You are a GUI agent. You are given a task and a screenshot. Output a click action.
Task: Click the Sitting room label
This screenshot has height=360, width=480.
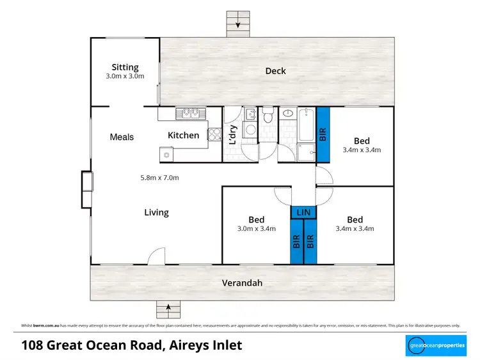click(x=125, y=67)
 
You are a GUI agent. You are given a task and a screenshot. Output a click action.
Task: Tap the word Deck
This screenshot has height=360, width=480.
click(x=275, y=71)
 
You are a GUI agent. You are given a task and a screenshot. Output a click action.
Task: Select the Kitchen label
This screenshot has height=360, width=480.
click(x=183, y=135)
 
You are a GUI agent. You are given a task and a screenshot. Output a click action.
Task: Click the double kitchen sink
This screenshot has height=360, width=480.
click(x=189, y=113)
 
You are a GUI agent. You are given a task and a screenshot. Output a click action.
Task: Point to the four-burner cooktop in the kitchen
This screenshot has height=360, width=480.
click(x=214, y=134)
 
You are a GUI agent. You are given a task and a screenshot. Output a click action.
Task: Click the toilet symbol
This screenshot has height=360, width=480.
click(x=268, y=116)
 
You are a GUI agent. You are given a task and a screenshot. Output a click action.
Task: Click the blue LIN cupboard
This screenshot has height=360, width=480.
click(x=303, y=212)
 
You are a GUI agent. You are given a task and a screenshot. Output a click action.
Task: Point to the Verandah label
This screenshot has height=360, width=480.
click(x=242, y=283)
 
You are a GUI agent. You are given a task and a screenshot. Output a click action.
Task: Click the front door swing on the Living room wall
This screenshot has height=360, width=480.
click(x=155, y=257)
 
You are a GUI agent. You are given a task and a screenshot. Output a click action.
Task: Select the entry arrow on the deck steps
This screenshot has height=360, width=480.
click(x=238, y=25)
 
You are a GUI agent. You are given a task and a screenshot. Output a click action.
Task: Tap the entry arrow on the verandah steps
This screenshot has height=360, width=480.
click(x=169, y=309)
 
